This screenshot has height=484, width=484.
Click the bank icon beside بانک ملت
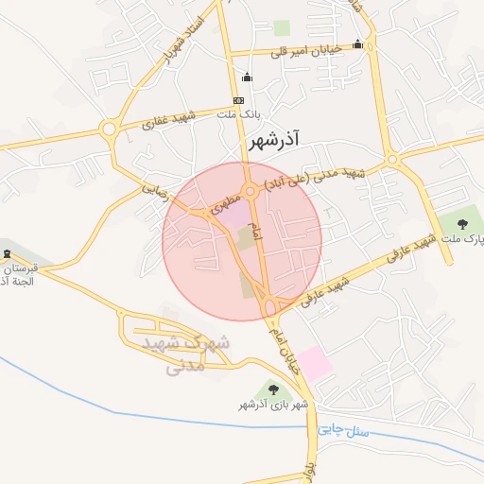pyautogui.click(x=238, y=100)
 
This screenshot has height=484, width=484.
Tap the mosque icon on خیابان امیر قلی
pyautogui.click(x=357, y=43)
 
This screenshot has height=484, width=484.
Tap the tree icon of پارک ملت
pyautogui.click(x=461, y=224)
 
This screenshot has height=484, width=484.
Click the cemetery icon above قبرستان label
pyautogui.click(x=8, y=254)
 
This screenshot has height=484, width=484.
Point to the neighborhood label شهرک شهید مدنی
pyautogui.click(x=185, y=353)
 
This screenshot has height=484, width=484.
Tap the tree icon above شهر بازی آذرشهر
pyautogui.click(x=273, y=389)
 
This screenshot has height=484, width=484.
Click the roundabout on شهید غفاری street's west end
pyautogui.click(x=109, y=129)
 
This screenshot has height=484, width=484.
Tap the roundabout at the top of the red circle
pyautogui.click(x=251, y=191)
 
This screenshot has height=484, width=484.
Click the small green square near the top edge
pyautogui.click(x=282, y=28)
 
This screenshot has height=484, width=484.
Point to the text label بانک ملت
pyautogui.click(x=238, y=114)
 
